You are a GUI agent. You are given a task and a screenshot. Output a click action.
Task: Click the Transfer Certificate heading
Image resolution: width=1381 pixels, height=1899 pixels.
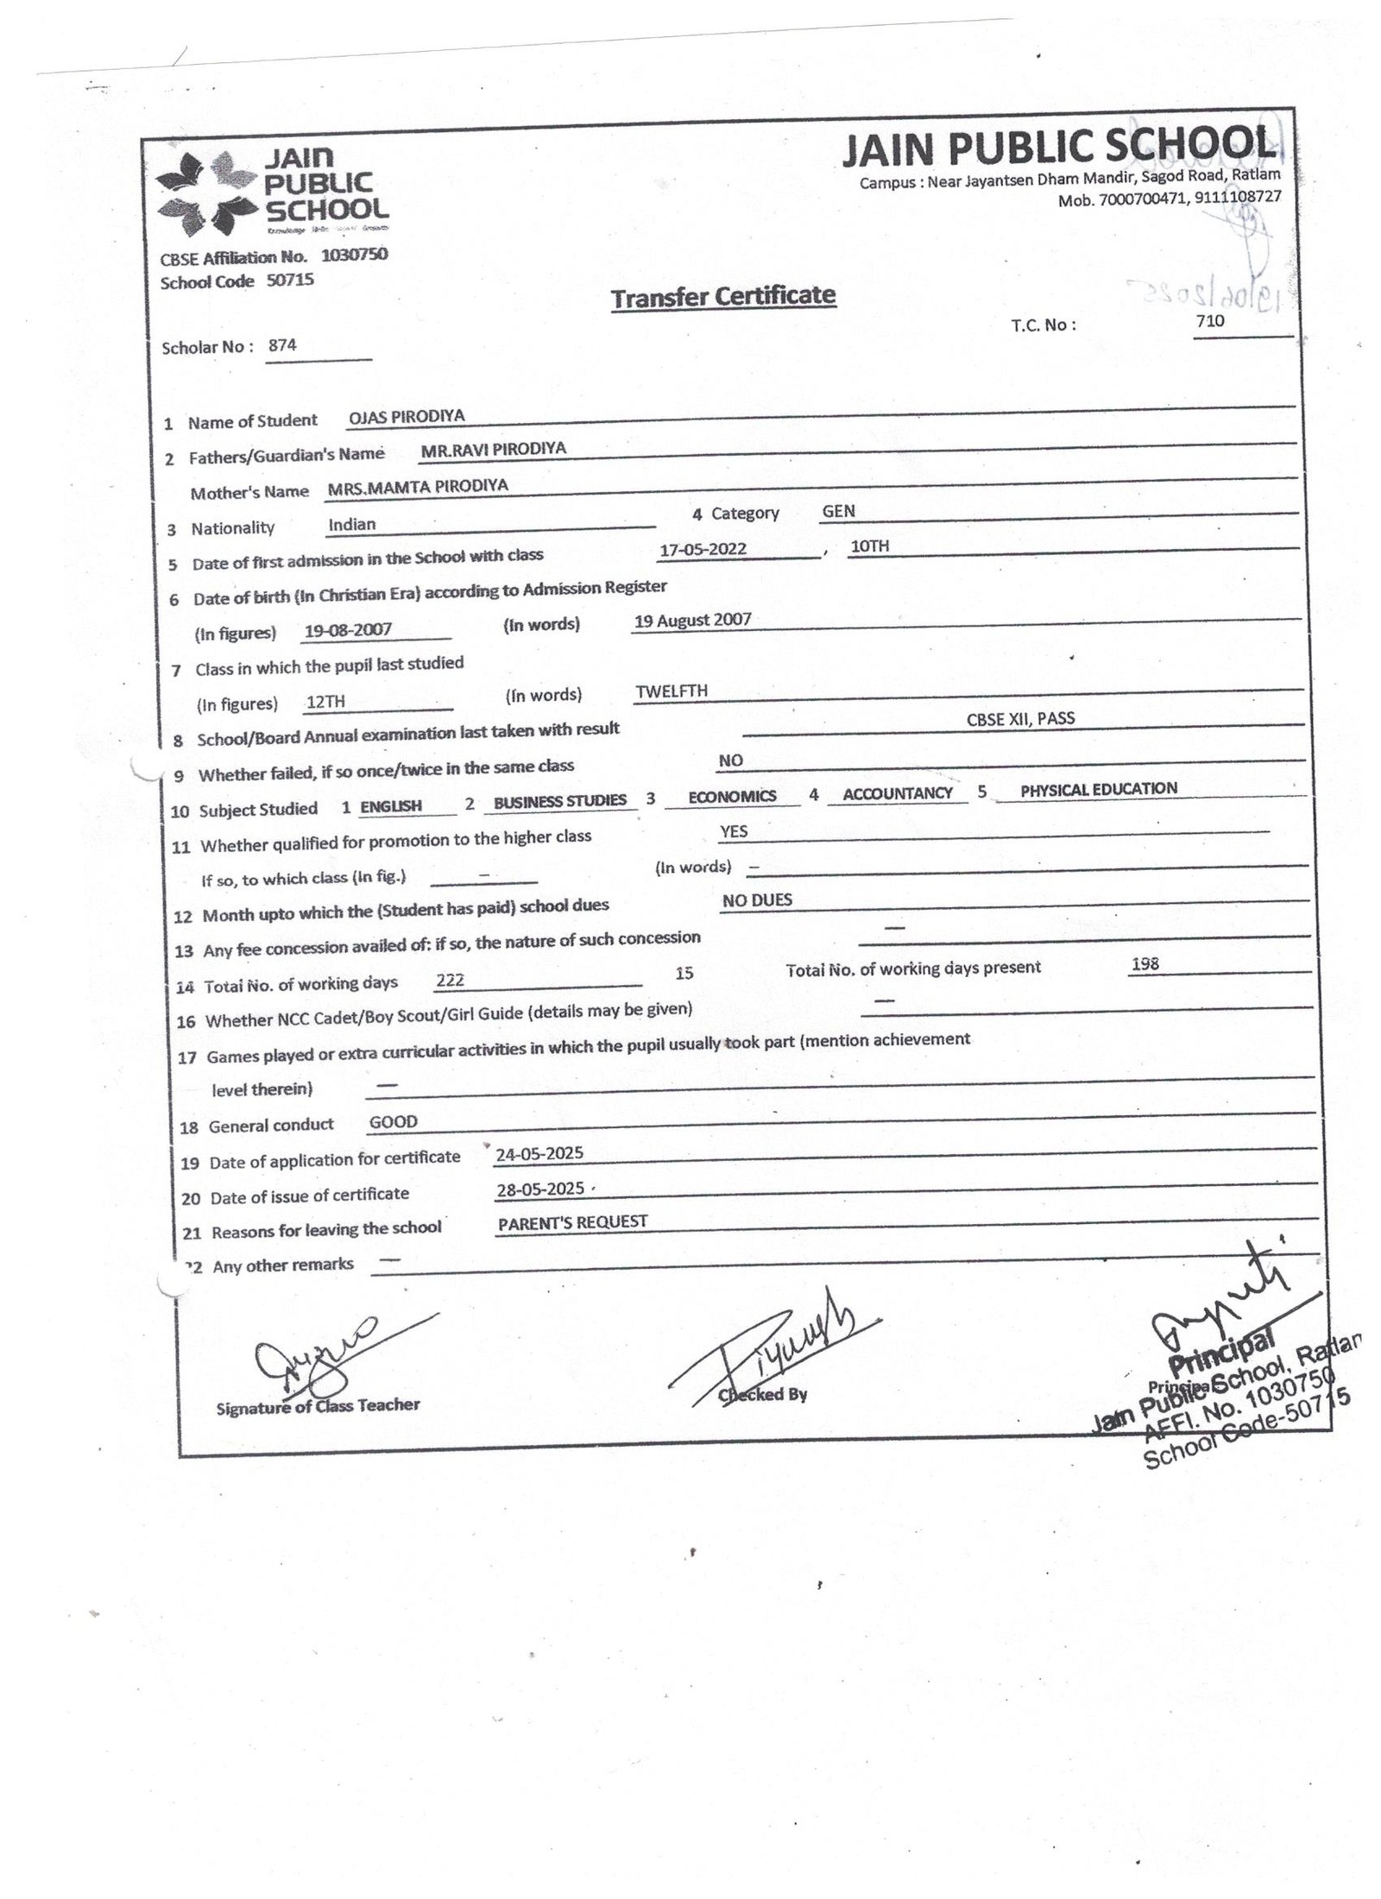click(722, 297)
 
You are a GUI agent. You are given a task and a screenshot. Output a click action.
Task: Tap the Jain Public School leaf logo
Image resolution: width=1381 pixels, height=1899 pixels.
click(205, 193)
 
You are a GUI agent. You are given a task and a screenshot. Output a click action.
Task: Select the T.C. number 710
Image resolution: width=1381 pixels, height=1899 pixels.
click(1210, 321)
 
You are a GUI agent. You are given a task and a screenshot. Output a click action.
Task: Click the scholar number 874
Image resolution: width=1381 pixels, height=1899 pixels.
click(282, 345)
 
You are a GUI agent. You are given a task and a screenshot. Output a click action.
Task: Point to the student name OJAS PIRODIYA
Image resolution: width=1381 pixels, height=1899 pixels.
click(407, 416)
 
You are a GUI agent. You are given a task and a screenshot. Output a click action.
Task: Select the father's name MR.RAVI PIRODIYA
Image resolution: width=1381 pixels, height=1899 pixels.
click(493, 449)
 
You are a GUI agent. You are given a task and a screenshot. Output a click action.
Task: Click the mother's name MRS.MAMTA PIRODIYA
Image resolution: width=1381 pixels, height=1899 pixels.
click(418, 487)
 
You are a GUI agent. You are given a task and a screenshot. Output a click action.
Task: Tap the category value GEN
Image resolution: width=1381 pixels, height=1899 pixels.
click(838, 511)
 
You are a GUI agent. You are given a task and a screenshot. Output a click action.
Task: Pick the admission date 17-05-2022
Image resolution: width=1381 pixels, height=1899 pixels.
click(703, 549)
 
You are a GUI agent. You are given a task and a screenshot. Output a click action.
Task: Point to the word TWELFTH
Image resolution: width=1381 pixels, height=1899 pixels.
click(672, 691)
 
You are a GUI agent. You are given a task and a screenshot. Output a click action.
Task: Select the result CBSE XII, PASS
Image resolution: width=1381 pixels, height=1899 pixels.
click(1020, 718)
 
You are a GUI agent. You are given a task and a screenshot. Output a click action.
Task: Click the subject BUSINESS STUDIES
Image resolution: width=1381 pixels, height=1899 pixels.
click(559, 801)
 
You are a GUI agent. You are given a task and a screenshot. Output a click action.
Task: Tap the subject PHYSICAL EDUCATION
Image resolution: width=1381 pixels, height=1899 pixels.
click(1098, 789)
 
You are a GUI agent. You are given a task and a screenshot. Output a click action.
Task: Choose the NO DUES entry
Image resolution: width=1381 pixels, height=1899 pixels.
click(757, 900)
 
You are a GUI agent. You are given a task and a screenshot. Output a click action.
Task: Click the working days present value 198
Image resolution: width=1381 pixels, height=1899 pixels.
click(1145, 964)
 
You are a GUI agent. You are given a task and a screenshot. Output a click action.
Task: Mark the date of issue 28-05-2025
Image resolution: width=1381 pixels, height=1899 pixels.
click(540, 1189)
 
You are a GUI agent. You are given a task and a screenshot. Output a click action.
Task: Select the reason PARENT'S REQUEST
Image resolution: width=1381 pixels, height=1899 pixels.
click(572, 1222)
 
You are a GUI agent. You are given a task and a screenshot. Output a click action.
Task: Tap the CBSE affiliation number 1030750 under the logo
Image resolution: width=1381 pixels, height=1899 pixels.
click(354, 256)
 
